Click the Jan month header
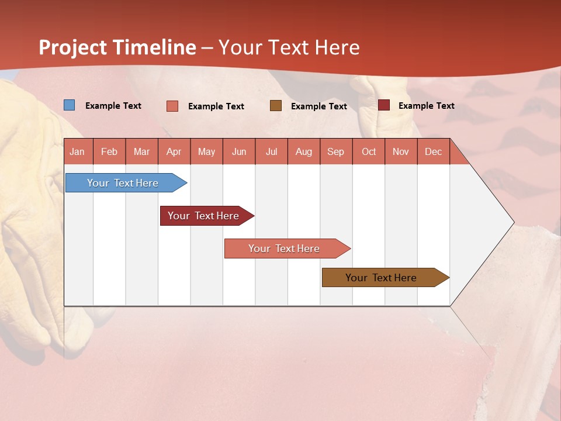point(78,151)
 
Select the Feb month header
point(109,151)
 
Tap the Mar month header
point(141,151)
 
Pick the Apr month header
point(174,151)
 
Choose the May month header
point(206,151)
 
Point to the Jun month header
point(239,151)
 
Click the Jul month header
point(271,151)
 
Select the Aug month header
point(304,151)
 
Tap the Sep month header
point(336,151)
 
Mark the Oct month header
point(369,151)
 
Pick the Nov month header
point(401,151)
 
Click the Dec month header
point(434,151)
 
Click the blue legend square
point(70,105)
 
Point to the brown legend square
point(276,105)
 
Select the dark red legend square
point(384,105)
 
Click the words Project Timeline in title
point(117,47)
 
